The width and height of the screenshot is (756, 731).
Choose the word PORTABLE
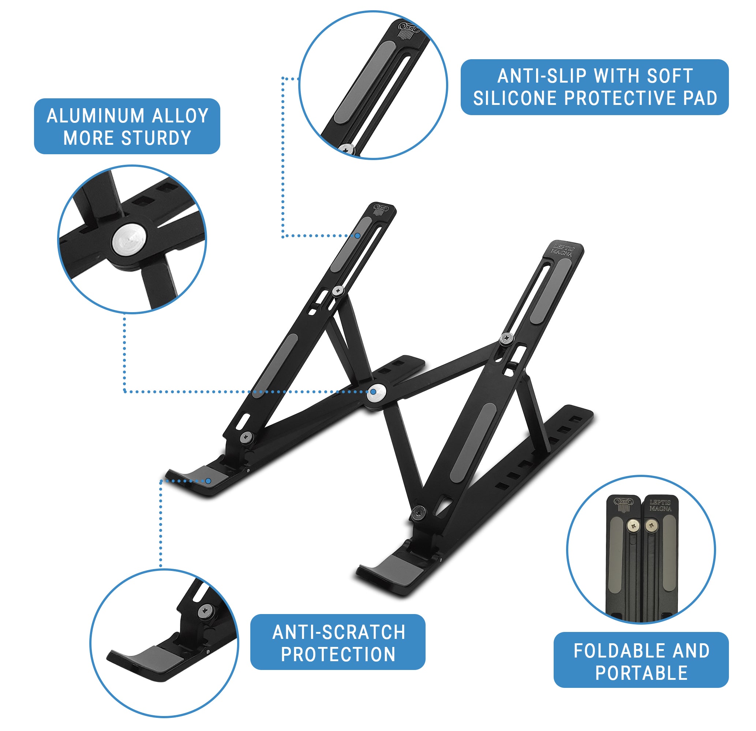(641, 673)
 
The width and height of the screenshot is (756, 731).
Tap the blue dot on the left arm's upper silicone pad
(358, 235)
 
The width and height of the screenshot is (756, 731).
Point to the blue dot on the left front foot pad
(208, 481)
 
